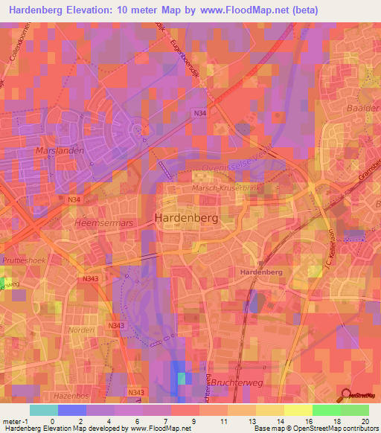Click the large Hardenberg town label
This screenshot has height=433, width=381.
pyautogui.click(x=185, y=218)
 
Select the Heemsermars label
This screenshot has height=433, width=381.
pyautogui.click(x=102, y=222)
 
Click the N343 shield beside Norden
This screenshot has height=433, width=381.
pyautogui.click(x=115, y=326)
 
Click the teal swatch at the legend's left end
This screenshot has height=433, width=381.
pyautogui.click(x=44, y=410)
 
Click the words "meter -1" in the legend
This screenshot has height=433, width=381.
pyautogui.click(x=15, y=421)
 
